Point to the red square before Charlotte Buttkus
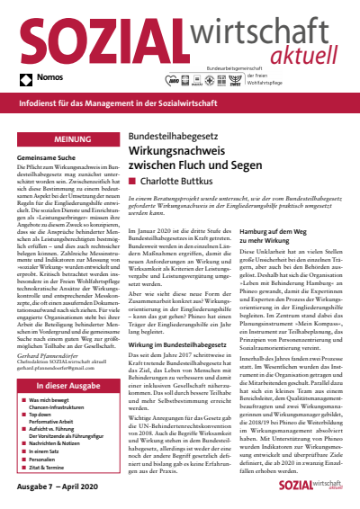click(x=133, y=180)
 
